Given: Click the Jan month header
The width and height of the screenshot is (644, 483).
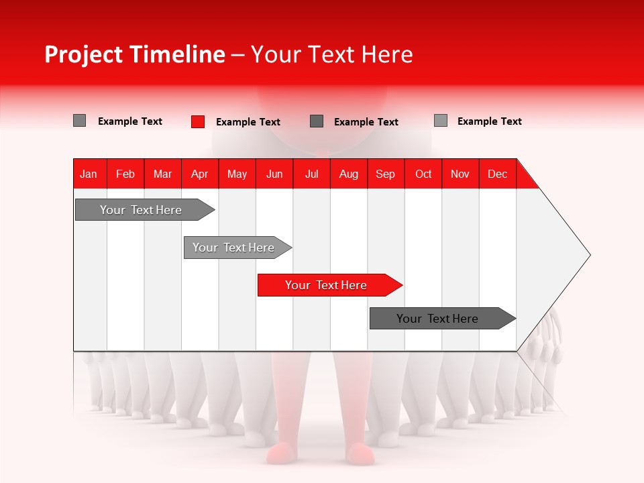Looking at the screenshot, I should tap(89, 174).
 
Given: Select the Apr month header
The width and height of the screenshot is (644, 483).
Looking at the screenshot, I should tap(199, 174).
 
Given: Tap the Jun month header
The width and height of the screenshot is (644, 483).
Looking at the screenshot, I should tap(274, 174).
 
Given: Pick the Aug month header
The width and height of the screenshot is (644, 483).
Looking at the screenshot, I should tap(348, 174).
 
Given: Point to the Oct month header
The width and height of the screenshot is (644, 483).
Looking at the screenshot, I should tap(423, 174).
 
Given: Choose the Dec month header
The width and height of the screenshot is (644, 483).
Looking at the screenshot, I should tap(497, 174).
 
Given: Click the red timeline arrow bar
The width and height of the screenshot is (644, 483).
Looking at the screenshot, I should tap(329, 285).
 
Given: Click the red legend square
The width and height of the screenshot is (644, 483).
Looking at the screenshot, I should tap(198, 121).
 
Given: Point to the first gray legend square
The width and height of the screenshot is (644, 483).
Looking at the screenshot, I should tap(80, 121).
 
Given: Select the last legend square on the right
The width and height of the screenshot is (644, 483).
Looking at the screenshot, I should tap(441, 121).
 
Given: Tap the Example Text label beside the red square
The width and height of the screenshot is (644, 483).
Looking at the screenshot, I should tap(248, 122).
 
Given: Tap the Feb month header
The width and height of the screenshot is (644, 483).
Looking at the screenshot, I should tap(125, 174).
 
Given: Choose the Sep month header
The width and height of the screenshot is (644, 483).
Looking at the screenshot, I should tap(385, 174).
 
